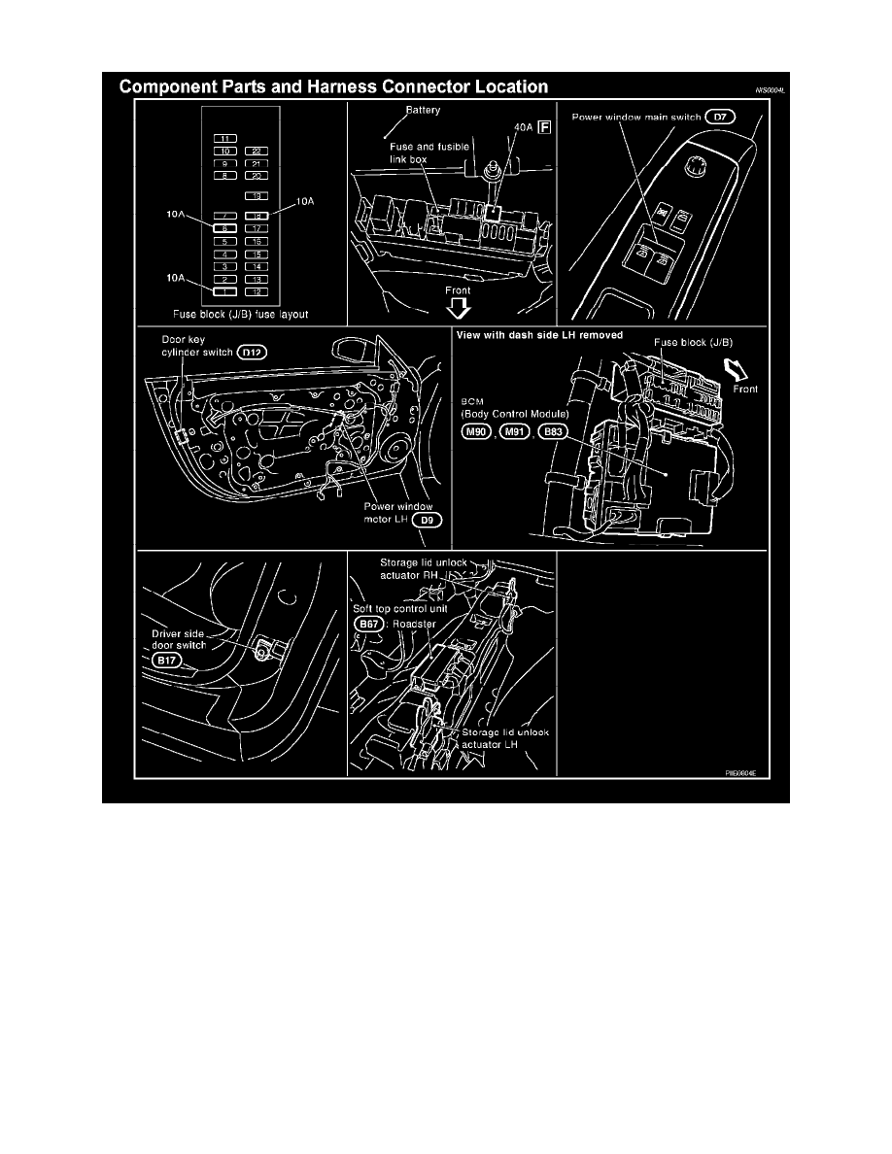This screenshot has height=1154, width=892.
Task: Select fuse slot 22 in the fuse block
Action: pyautogui.click(x=256, y=152)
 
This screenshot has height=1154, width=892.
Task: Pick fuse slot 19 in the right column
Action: pyautogui.click(x=256, y=196)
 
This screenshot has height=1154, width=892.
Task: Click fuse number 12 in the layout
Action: pyautogui.click(x=256, y=290)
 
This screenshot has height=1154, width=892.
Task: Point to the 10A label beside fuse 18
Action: pyautogui.click(x=306, y=202)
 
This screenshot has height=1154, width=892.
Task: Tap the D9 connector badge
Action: pyautogui.click(x=429, y=520)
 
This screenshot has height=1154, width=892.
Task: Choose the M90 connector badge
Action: pyautogui.click(x=475, y=432)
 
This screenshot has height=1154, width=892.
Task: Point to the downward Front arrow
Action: pyautogui.click(x=460, y=308)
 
